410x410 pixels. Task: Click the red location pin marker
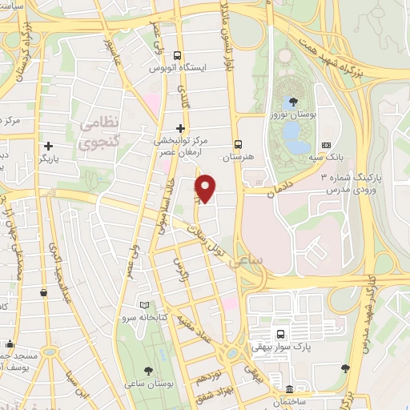206,187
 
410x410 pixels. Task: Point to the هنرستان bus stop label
239,157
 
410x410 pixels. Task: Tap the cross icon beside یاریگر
50,147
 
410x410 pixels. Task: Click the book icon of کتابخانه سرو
144,305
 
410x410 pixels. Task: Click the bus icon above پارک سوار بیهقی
279,333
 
